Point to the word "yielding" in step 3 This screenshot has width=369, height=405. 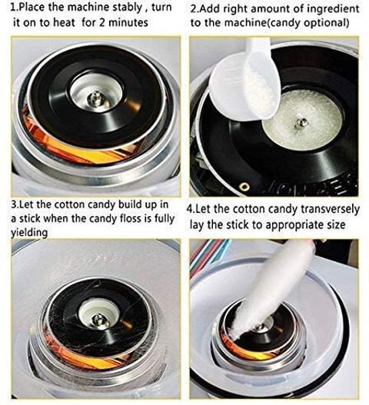coord(29,232)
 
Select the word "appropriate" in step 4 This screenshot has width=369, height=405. coord(293,225)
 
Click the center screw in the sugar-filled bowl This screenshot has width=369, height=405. coord(301,122)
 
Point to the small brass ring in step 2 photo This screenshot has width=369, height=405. coord(244,187)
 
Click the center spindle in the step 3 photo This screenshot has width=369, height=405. coord(98,320)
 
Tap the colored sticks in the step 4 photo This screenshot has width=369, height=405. coord(209,253)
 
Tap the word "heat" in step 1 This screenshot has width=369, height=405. coord(64,22)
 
